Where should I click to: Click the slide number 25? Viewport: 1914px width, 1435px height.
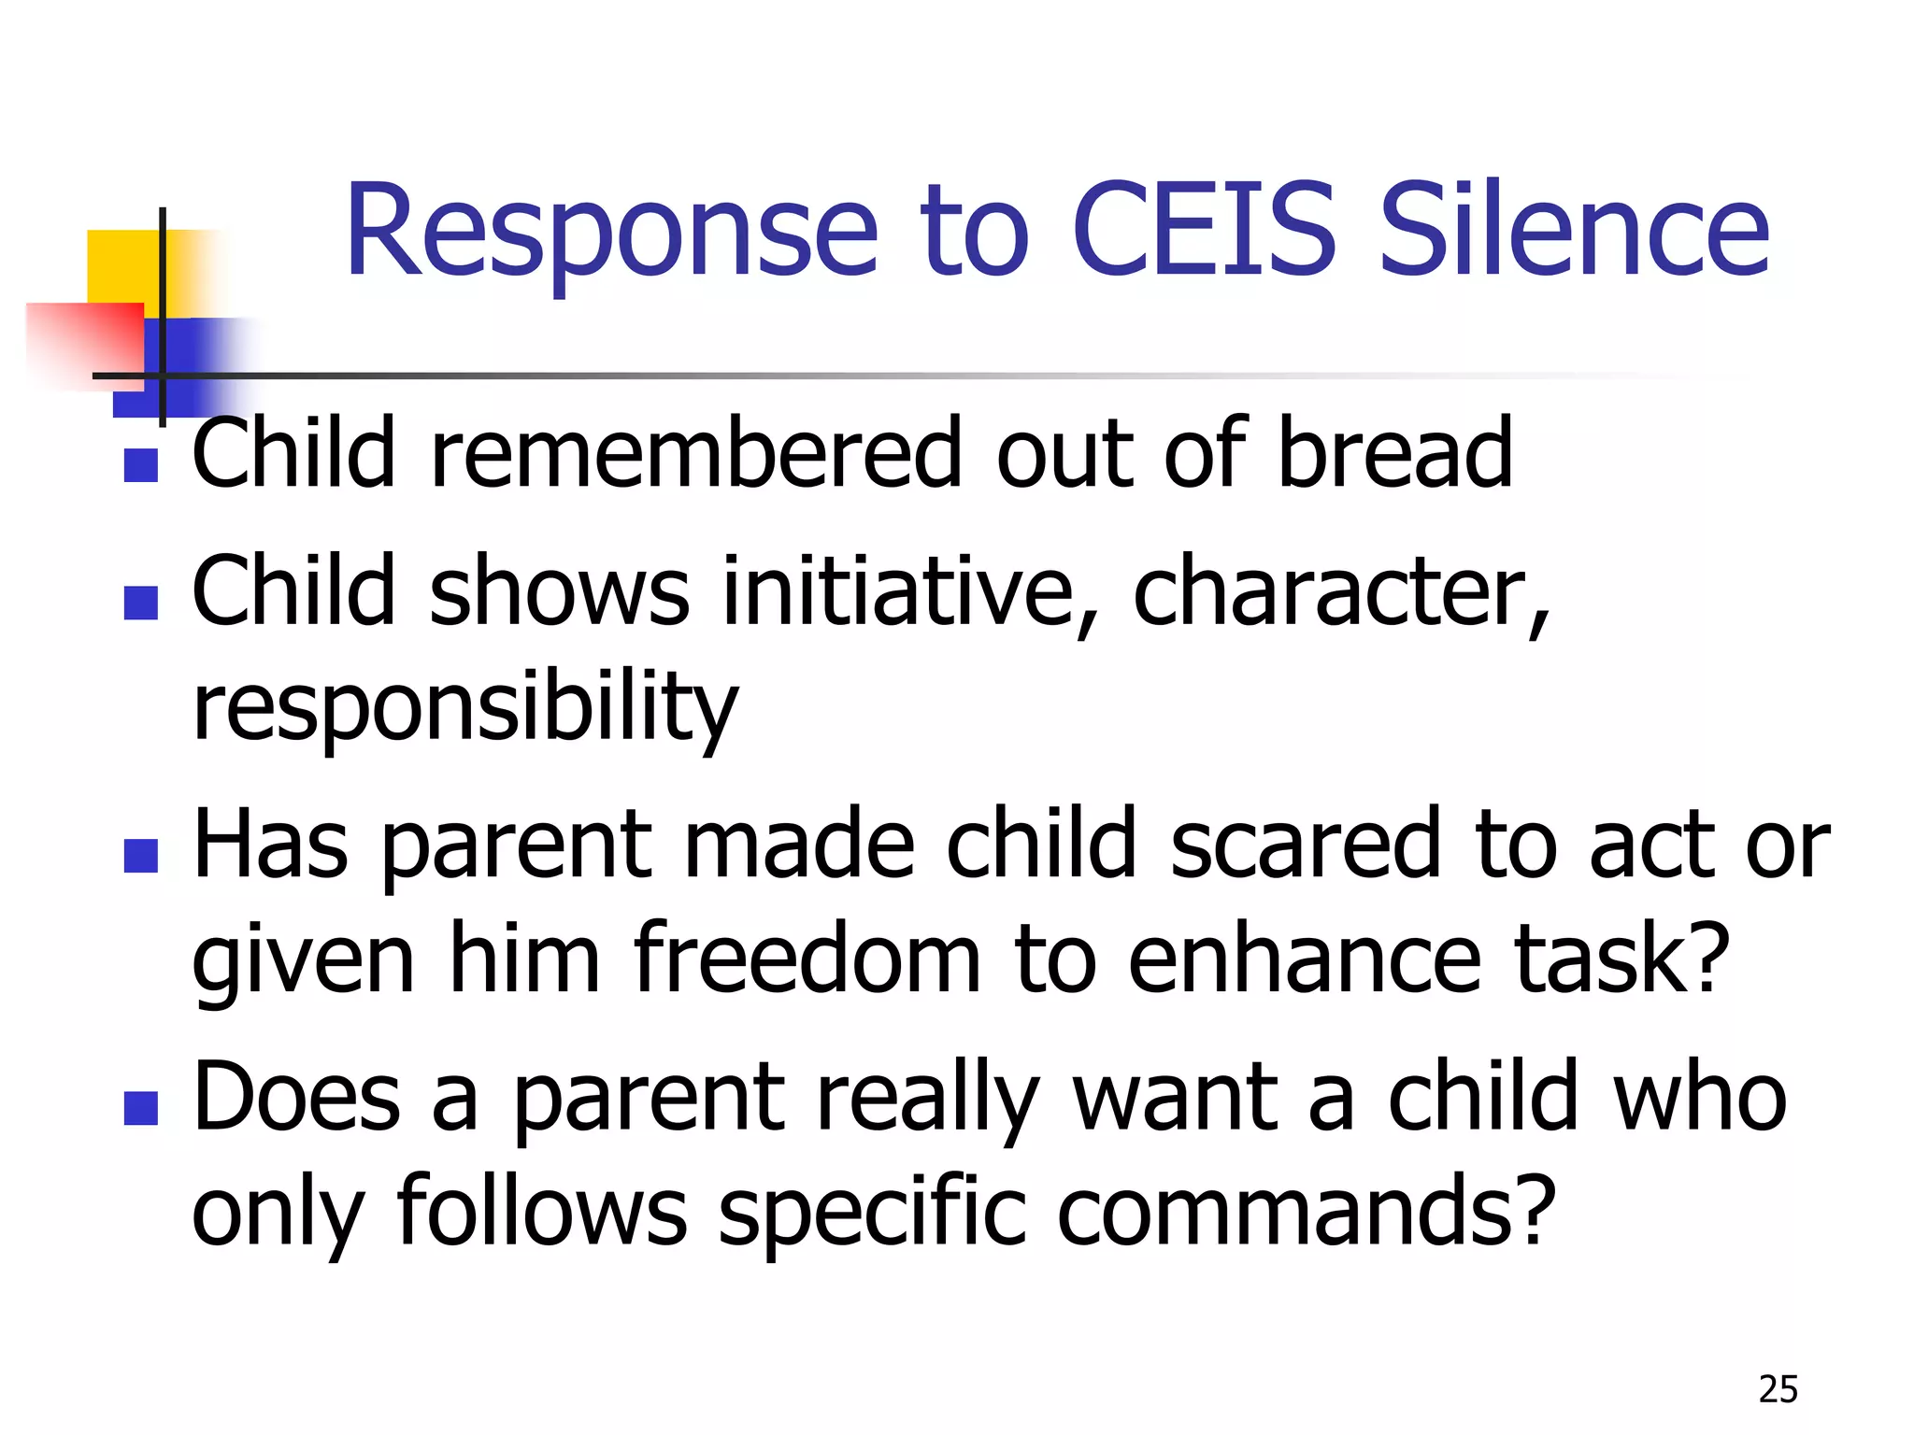click(1778, 1389)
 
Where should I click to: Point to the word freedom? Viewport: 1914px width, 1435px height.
click(807, 959)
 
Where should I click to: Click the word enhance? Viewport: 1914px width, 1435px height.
click(1305, 959)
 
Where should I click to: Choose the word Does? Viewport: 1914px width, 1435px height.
click(296, 1097)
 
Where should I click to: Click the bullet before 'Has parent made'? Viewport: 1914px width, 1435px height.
click(140, 855)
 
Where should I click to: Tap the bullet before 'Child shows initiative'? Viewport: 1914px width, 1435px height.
click(140, 603)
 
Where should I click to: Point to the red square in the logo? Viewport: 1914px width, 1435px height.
click(84, 341)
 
